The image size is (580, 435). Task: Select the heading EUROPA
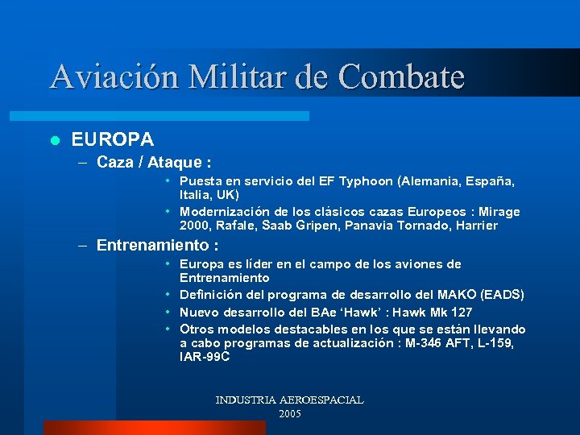[x=113, y=140]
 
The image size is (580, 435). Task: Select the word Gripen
[x=321, y=226]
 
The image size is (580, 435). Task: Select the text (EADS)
[x=501, y=295]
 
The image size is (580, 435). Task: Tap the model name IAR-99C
[x=205, y=356]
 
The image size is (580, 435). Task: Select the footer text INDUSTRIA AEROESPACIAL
[x=289, y=400]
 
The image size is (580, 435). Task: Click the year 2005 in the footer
[x=289, y=413]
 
